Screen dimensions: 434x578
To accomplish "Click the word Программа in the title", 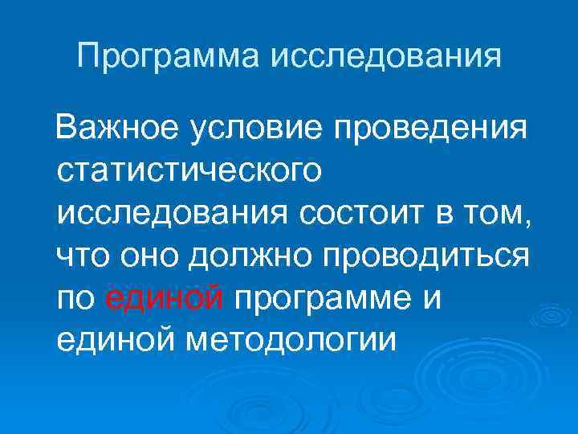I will click(170, 58).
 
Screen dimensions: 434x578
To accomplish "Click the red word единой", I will click(164, 299).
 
